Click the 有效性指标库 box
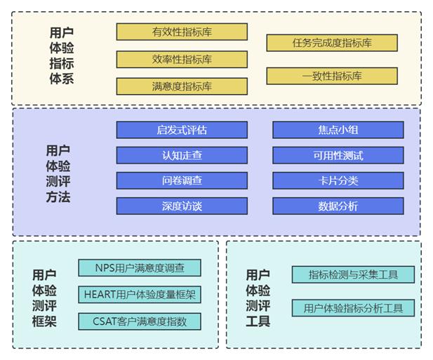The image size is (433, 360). tap(182, 32)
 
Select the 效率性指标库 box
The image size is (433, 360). tap(182, 60)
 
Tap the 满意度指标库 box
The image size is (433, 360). tap(182, 86)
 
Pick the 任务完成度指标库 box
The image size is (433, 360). tap(332, 43)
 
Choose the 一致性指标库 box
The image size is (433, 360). tap(332, 76)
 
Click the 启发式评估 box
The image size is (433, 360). tap(182, 130)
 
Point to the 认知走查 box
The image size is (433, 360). tap(182, 155)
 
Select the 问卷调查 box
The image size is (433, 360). tap(182, 180)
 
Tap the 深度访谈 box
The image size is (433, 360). tap(182, 206)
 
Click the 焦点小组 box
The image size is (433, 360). tap(338, 130)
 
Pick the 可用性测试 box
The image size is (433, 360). tap(338, 155)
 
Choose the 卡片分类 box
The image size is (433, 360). tap(338, 180)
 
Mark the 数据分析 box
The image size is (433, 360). tap(338, 206)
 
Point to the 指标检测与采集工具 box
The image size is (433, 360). tap(353, 274)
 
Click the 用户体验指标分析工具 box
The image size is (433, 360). tap(353, 307)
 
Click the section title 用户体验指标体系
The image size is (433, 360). tap(62, 56)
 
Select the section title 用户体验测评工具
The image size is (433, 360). tap(258, 298)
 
